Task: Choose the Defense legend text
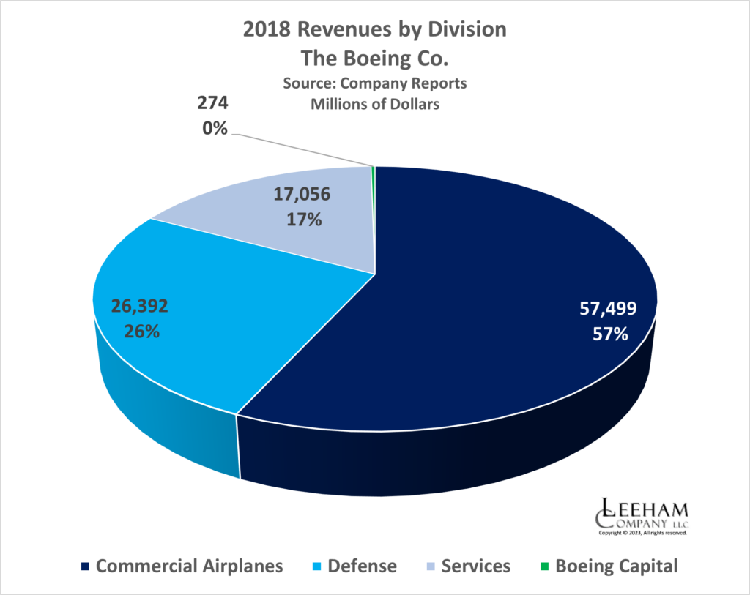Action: pos(363,566)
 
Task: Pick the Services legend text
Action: pos(476,566)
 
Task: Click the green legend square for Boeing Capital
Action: pos(543,566)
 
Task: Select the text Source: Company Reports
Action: pos(375,83)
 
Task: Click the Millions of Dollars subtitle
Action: pos(375,104)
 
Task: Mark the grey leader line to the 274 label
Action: pos(300,150)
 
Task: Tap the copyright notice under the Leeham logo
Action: pos(643,534)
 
